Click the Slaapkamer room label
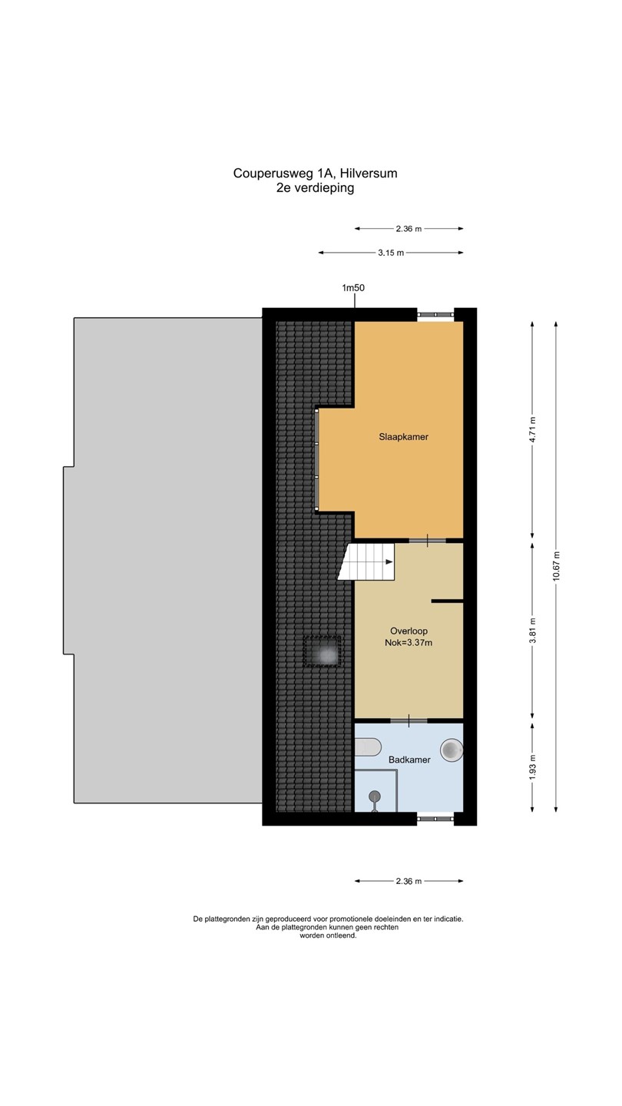(x=403, y=437)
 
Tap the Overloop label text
(x=409, y=631)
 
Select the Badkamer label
(x=409, y=760)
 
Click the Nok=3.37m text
(x=409, y=643)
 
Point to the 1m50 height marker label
(x=353, y=287)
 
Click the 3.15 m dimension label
(x=391, y=253)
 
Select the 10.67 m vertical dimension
(x=556, y=566)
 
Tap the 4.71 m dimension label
(x=532, y=430)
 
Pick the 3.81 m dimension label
(x=532, y=631)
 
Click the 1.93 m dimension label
(x=532, y=768)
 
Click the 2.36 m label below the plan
(x=409, y=881)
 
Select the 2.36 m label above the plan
(x=409, y=229)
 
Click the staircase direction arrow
(x=389, y=562)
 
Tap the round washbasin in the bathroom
(x=452, y=750)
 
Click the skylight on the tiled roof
(x=323, y=652)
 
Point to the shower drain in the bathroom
(x=376, y=796)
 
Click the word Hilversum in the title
(x=369, y=174)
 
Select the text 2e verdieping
(x=315, y=187)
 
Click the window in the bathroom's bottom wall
(x=435, y=818)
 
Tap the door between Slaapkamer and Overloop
(x=428, y=541)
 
